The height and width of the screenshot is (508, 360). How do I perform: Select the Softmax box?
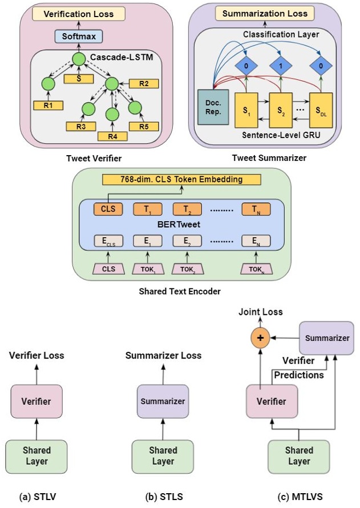click(79, 36)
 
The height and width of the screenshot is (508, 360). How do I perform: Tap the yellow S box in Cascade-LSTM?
click(78, 78)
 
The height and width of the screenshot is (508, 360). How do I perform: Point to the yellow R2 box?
click(144, 84)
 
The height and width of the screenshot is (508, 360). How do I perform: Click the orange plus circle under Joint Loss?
click(261, 338)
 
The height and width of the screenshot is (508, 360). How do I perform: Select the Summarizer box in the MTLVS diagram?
click(323, 338)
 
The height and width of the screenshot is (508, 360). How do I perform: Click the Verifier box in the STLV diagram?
click(37, 401)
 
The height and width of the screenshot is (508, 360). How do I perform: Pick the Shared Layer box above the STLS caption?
click(163, 456)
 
